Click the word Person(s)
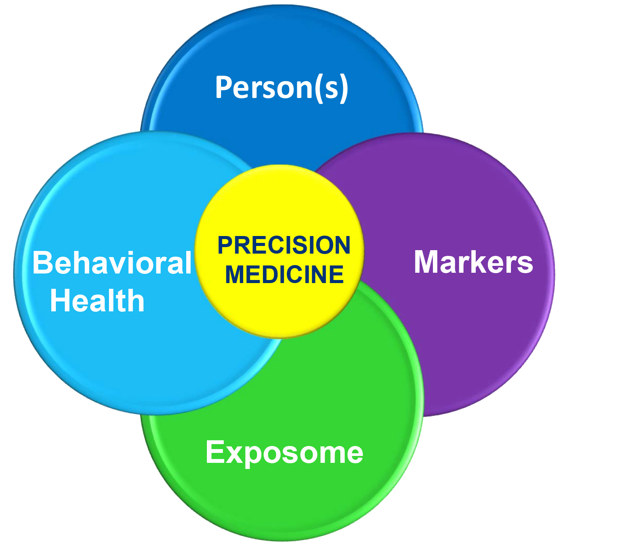282,88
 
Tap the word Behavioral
112,263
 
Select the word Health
97,301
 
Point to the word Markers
473,262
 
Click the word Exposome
284,453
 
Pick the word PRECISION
284,245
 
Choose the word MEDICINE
284,274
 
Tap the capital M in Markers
427,262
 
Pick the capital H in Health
60,301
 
